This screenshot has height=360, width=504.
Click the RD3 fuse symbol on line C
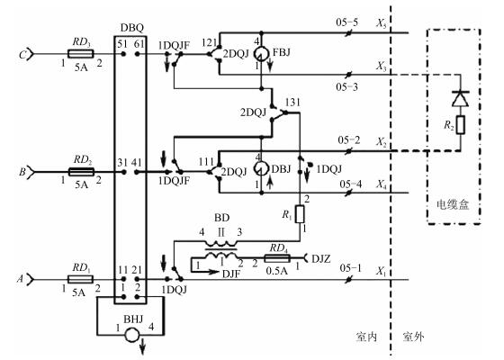81,54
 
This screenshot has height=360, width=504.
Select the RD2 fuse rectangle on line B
81,172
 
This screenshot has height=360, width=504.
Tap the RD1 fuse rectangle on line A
80,279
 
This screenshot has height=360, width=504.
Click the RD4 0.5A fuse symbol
277,258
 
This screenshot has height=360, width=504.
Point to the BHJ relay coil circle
131,335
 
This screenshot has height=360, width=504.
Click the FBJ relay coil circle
261,54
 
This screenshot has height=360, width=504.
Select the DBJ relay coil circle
261,168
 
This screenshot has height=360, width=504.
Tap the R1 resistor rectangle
300,214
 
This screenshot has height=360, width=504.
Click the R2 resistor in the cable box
461,125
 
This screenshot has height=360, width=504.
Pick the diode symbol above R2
460,99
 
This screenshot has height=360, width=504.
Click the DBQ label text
132,28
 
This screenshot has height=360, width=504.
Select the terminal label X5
382,23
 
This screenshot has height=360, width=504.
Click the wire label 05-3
346,86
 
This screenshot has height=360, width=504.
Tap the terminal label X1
382,271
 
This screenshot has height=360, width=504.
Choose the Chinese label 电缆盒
453,205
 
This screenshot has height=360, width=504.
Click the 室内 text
366,337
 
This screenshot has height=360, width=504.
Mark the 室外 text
413,337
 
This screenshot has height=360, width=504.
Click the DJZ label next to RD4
320,258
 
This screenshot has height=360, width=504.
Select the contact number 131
292,103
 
